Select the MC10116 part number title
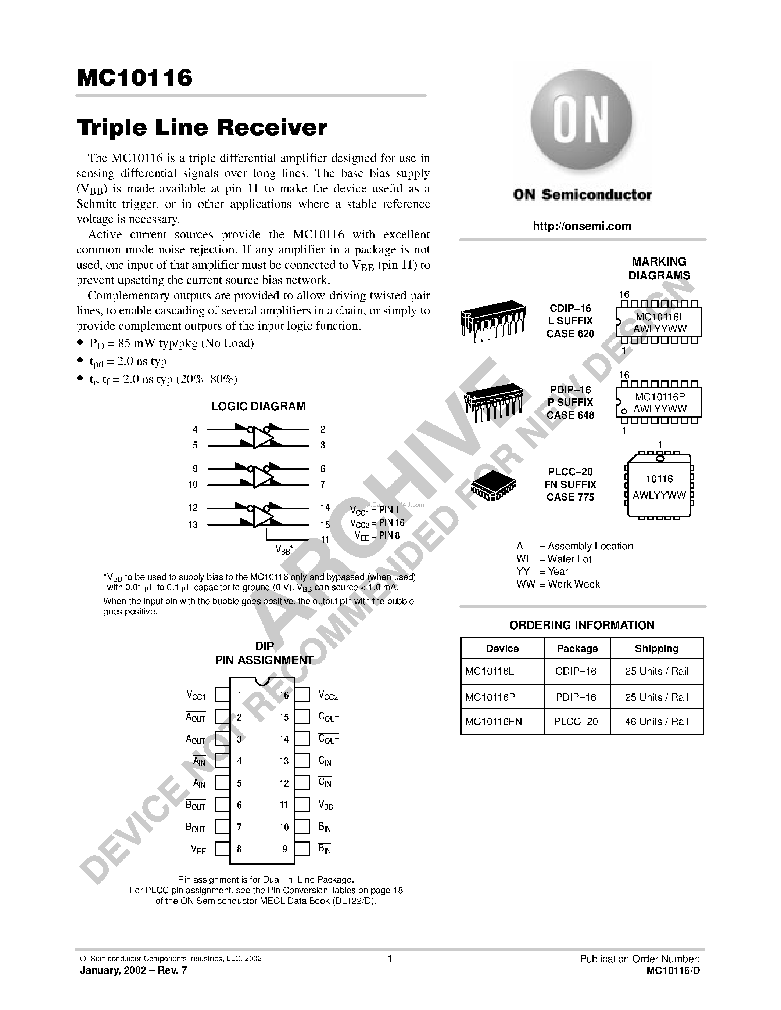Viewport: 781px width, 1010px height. pos(135,78)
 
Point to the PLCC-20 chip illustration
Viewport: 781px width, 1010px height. pos(493,486)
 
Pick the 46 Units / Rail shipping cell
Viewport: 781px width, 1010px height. pos(656,721)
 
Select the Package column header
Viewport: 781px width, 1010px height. pos(577,648)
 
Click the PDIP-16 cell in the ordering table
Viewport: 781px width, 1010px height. pos(576,697)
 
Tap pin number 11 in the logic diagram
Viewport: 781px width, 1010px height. pos(325,540)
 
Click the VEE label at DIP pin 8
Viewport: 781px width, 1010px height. pos(198,850)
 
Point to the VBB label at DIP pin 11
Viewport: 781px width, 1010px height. pos(326,805)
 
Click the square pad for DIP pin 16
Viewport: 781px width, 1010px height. pos(302,695)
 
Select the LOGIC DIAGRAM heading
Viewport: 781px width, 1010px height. pos(258,406)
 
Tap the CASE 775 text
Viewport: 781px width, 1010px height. pos(570,497)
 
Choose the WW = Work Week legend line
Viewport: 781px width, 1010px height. pos(558,584)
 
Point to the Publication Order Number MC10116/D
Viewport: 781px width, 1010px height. pos(673,970)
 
